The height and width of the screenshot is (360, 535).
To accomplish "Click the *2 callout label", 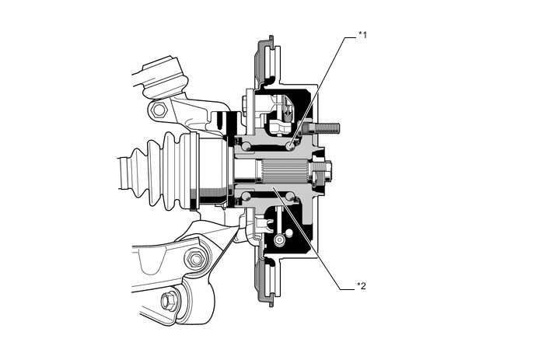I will (x=362, y=286).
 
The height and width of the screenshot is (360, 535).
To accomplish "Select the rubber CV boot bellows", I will (x=166, y=171).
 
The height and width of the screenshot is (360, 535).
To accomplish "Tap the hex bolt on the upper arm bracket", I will (x=159, y=110).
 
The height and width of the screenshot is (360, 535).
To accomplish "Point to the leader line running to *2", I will (x=319, y=241).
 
